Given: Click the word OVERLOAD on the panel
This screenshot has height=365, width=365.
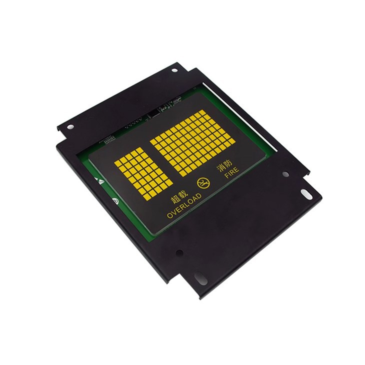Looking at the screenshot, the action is pos(184,206).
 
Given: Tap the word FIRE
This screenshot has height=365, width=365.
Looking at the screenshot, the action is pos(231,172).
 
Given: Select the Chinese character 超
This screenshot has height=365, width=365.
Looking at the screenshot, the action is pos(175,199).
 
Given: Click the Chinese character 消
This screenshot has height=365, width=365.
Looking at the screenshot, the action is pos(220,168).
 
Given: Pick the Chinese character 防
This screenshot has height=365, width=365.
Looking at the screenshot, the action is pos(227,164).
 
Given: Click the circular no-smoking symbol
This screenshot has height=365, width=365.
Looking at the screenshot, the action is pos(203,183).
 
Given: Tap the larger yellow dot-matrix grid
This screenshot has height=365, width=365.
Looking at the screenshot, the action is pos(192,143).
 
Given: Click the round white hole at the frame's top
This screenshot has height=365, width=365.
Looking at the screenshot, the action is pos(174,70).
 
